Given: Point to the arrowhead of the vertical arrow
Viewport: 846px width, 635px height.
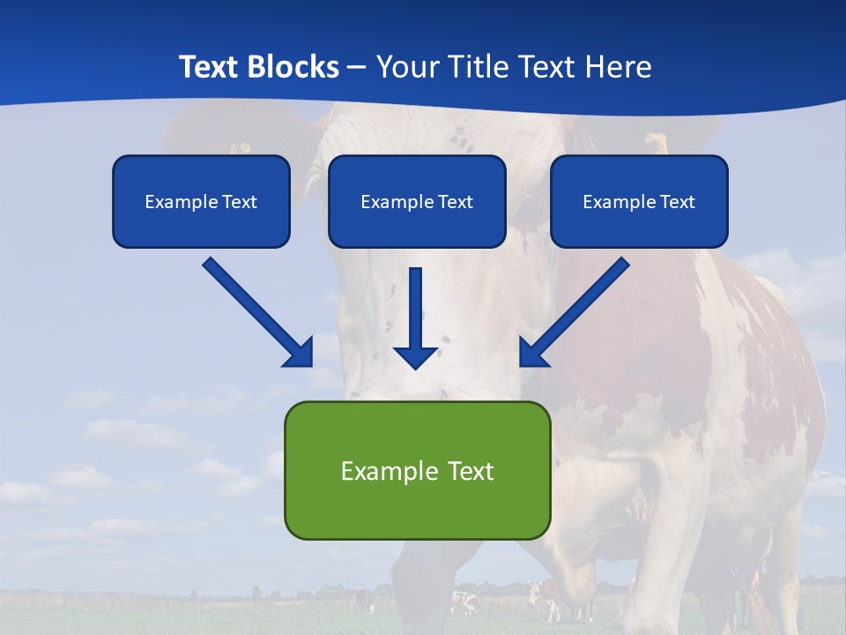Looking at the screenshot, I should click(416, 357).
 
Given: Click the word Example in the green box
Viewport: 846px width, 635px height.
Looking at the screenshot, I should click(384, 471).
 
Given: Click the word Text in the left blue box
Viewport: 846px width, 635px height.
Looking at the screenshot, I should click(240, 202).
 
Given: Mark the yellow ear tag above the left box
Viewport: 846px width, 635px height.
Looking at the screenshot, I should click(239, 148).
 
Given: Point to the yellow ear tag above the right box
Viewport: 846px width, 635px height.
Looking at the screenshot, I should click(657, 139).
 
